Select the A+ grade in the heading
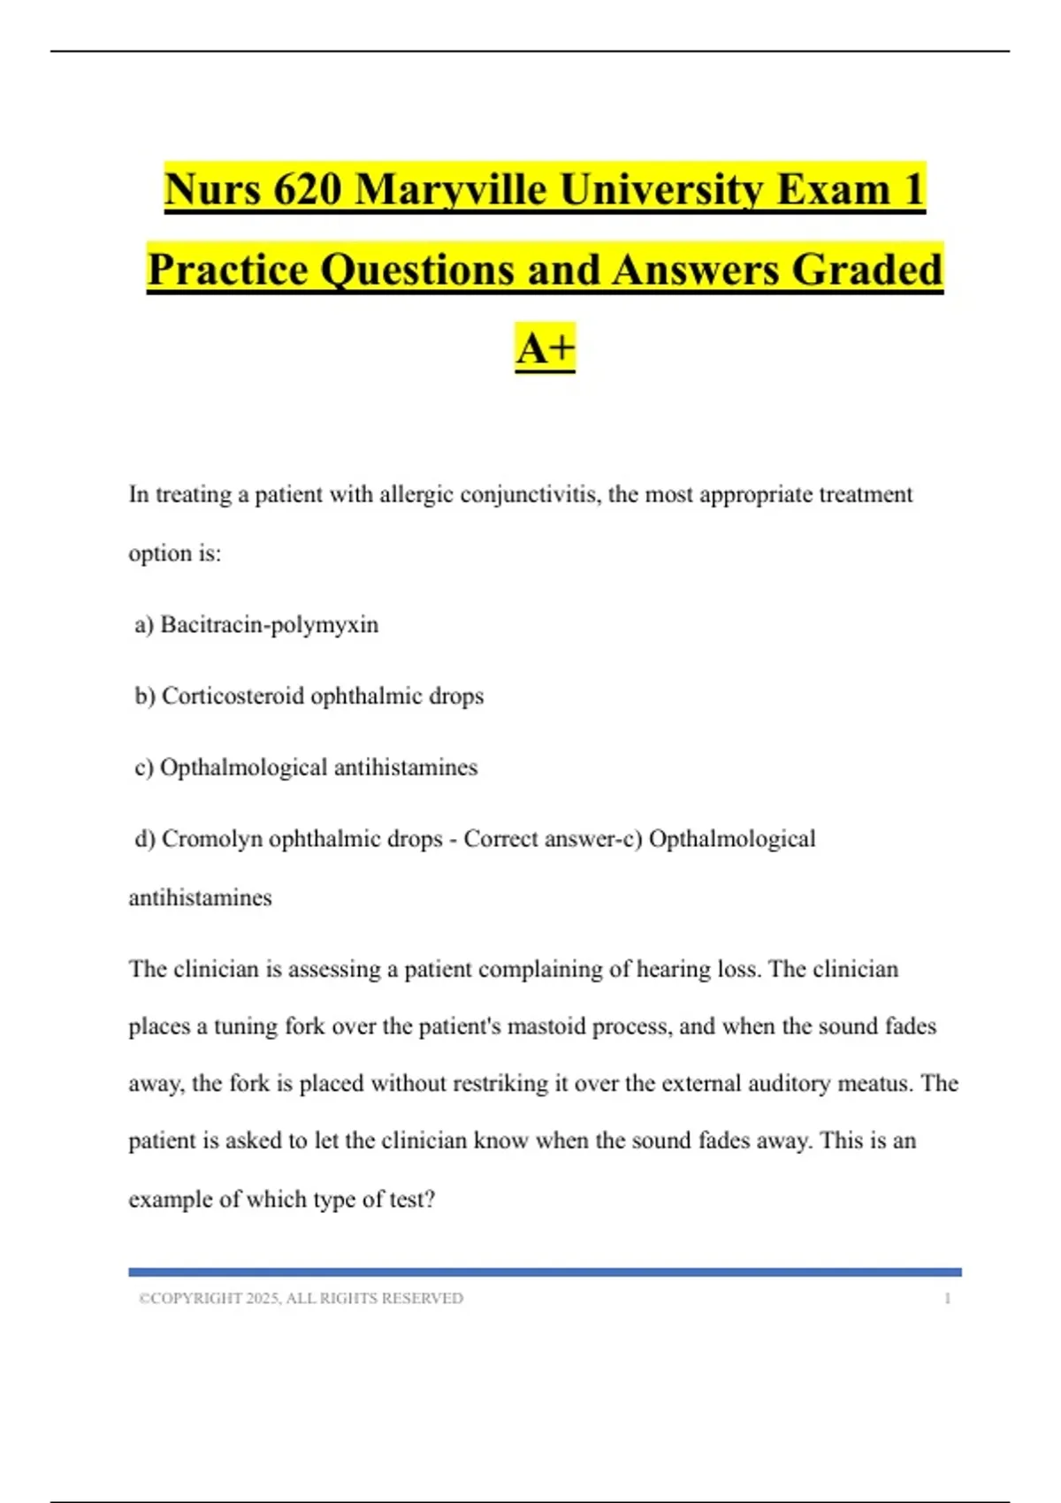click(x=545, y=347)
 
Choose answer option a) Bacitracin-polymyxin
click(x=256, y=625)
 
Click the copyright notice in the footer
click(x=301, y=1299)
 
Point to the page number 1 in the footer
click(x=947, y=1299)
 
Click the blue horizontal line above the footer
click(x=545, y=1272)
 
